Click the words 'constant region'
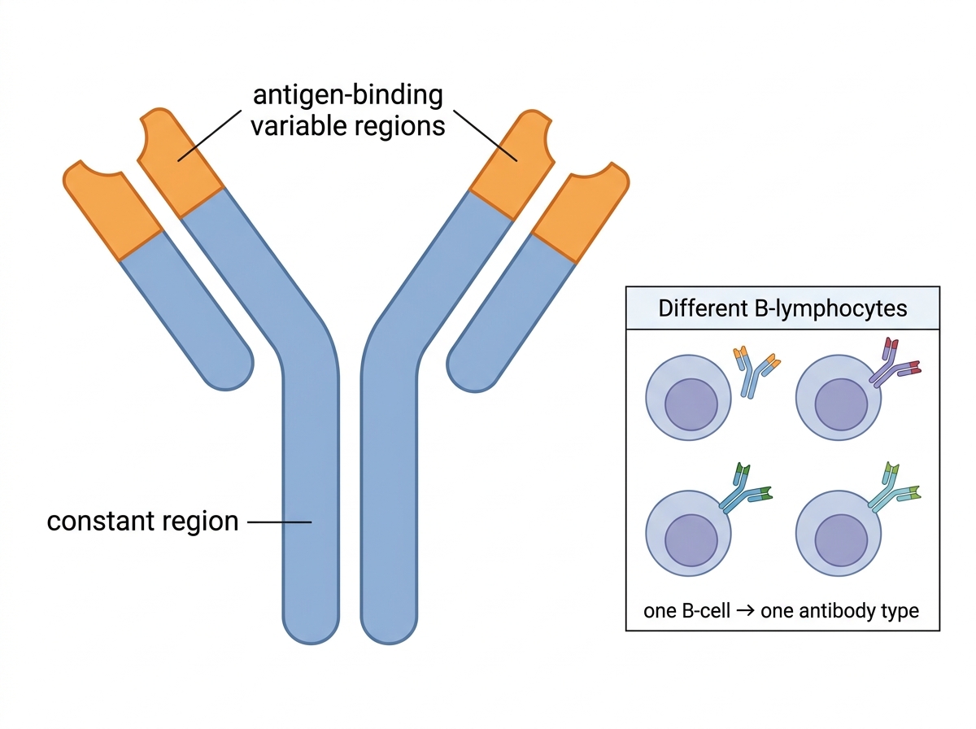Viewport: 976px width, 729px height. pos(142,522)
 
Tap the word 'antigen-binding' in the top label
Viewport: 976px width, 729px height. pos(348,95)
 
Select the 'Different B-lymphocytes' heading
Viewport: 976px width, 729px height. pos(782,308)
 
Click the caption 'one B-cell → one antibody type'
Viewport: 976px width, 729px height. pos(781,611)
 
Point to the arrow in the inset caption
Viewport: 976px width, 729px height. pos(745,610)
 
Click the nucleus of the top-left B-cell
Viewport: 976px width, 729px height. pos(691,404)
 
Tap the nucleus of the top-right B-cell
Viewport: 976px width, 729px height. pos(841,404)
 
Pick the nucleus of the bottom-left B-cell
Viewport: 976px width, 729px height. pos(691,540)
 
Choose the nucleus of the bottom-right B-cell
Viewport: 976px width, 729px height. pos(841,540)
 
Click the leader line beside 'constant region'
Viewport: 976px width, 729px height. pos(279,522)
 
